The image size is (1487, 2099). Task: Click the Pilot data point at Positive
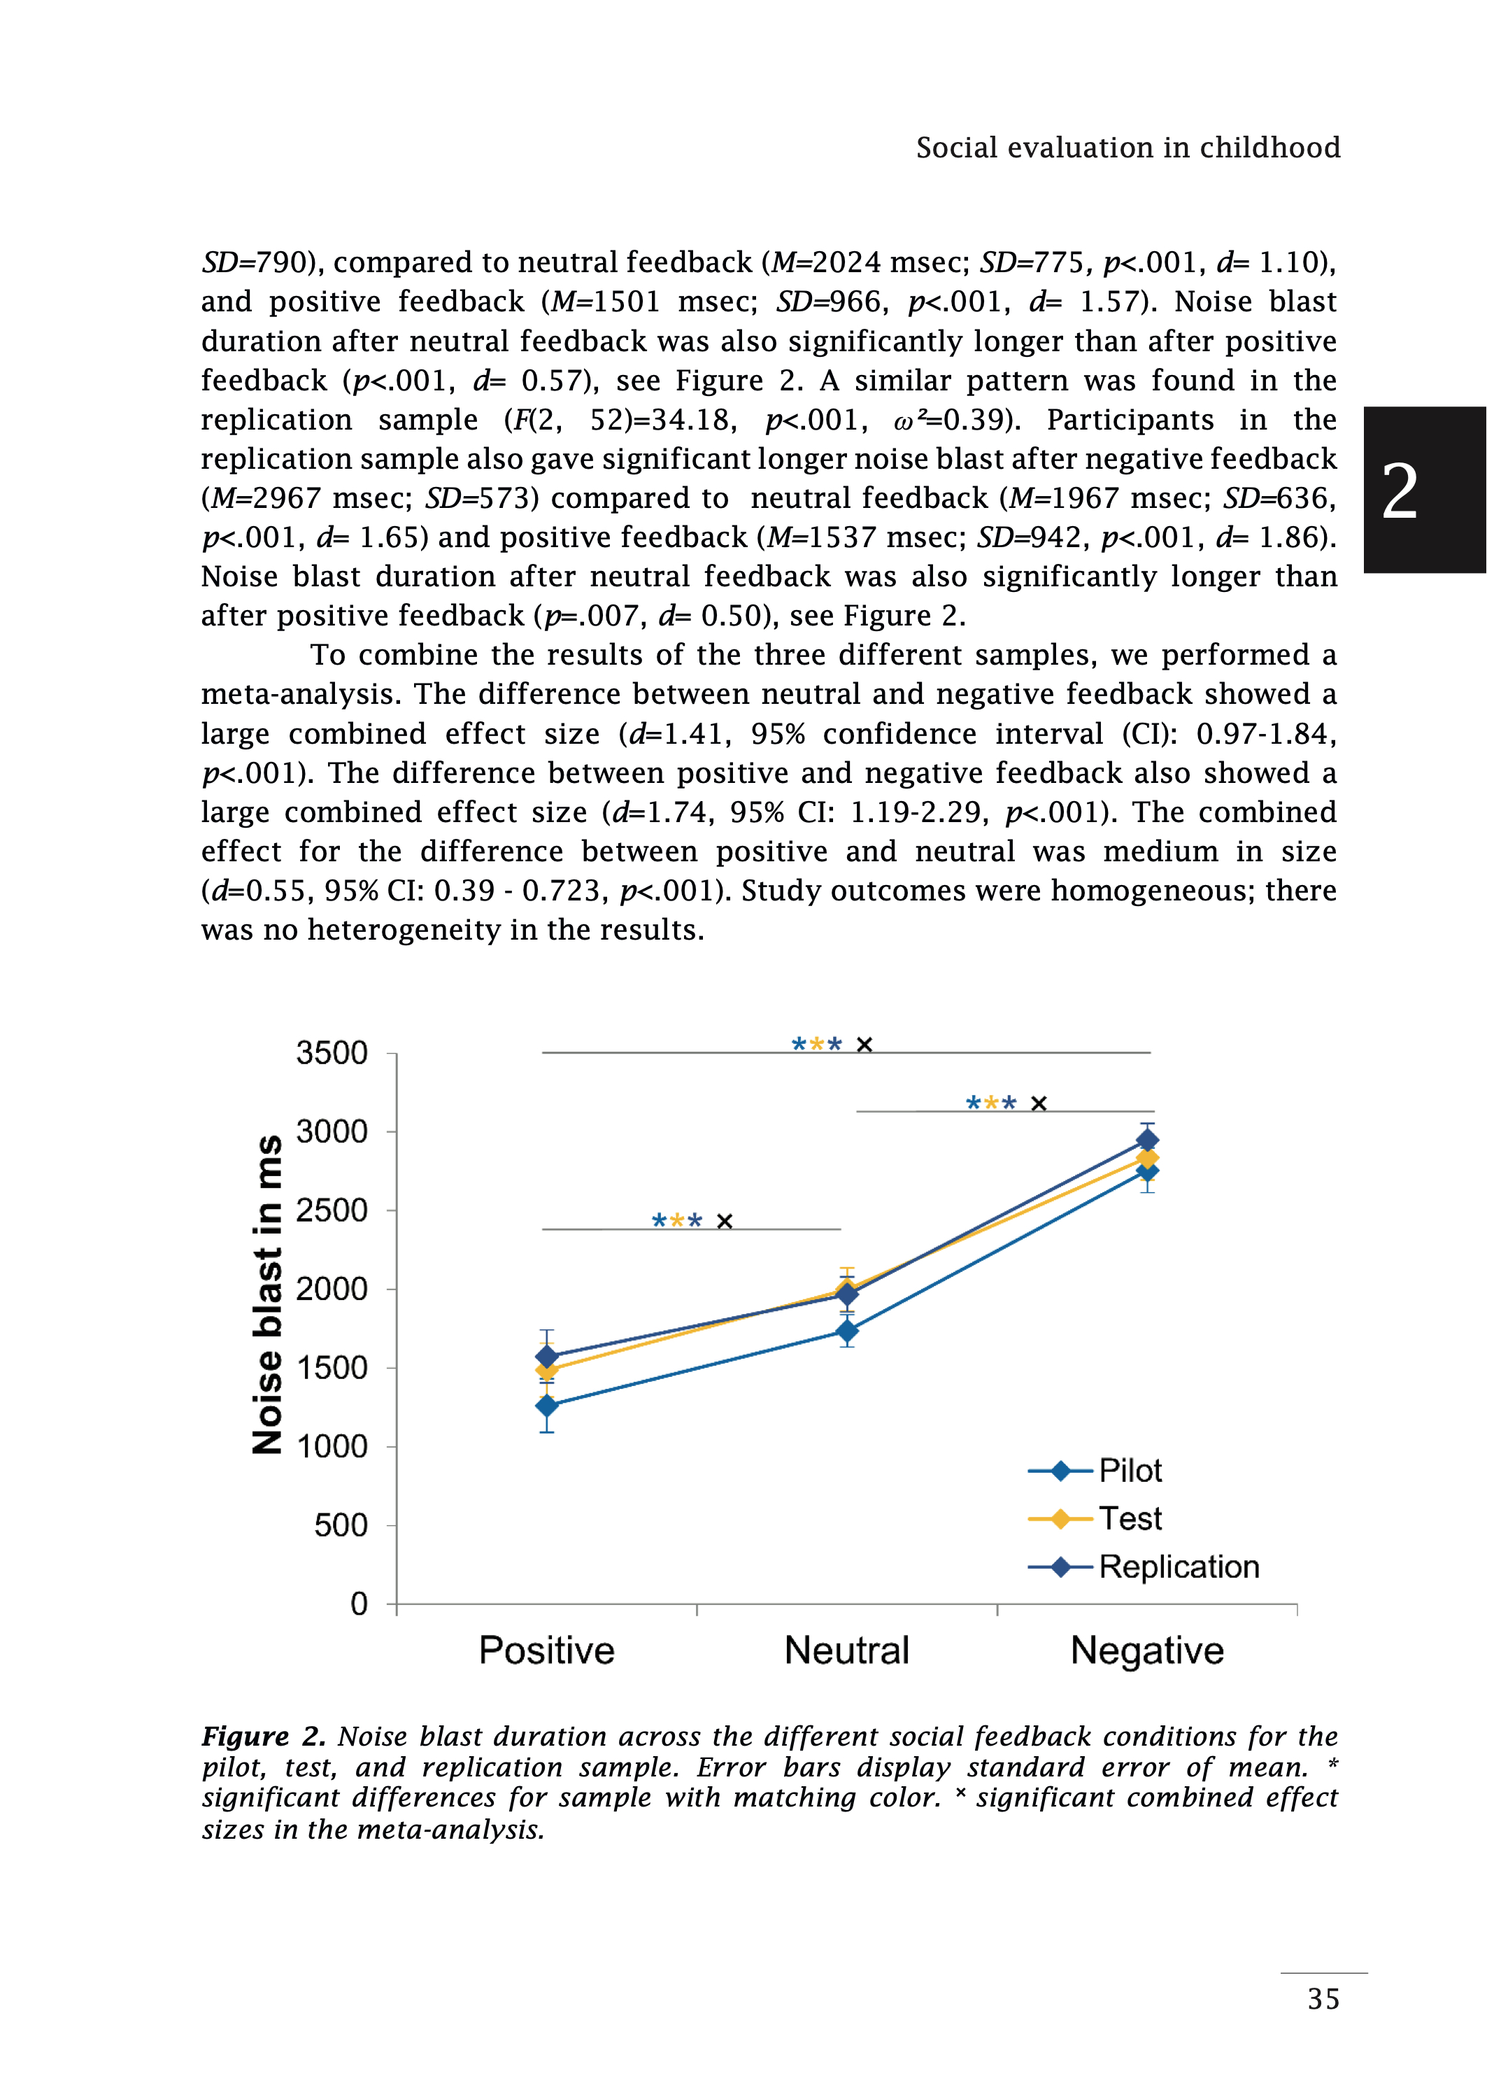pos(547,1405)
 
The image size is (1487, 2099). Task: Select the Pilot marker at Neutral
pos(847,1331)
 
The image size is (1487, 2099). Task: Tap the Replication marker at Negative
pos(1147,1140)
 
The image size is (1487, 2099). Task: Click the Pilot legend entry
pos(1130,1471)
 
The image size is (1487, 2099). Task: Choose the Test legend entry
pos(1130,1518)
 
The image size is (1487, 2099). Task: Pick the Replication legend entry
pos(1179,1567)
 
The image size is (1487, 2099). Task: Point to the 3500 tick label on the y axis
pos(332,1053)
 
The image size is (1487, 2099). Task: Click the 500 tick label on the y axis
pos(341,1526)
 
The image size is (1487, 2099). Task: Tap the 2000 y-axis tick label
pos(332,1289)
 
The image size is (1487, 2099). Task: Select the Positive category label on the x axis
pos(547,1651)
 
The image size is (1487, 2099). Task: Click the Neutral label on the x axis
pos(847,1651)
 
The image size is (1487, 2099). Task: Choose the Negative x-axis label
pos(1147,1651)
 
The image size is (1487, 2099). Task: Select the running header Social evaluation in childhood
pos(1128,148)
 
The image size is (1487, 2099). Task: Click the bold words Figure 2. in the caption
pos(264,1737)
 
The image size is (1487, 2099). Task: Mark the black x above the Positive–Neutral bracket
pos(725,1222)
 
